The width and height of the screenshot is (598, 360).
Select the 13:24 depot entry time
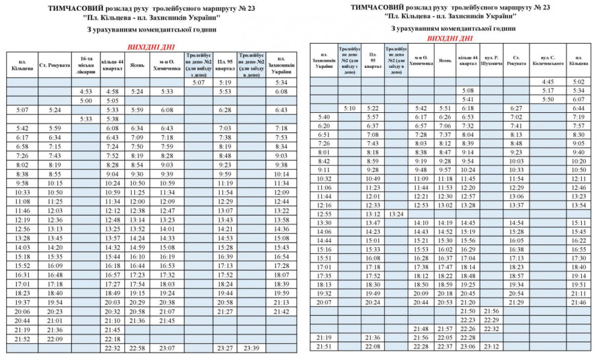click(396, 214)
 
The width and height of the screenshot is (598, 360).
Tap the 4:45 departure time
click(548, 82)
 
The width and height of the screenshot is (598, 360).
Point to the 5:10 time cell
click(349, 108)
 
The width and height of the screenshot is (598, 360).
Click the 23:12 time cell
click(491, 347)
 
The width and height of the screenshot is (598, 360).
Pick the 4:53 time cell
click(85, 91)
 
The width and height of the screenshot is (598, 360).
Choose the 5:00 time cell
click(85, 101)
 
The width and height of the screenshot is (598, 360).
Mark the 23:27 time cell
click(225, 348)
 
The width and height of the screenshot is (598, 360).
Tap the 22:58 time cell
click(137, 348)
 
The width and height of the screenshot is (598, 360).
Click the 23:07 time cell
click(167, 348)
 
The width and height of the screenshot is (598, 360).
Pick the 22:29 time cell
click(491, 320)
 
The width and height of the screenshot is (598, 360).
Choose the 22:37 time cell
click(444, 347)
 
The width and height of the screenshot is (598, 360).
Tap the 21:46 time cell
click(579, 302)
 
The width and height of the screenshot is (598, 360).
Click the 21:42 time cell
click(282, 312)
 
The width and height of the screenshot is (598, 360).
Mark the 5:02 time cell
click(579, 82)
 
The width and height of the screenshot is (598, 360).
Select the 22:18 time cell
click(112, 339)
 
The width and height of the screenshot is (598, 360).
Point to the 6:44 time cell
click(579, 108)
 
